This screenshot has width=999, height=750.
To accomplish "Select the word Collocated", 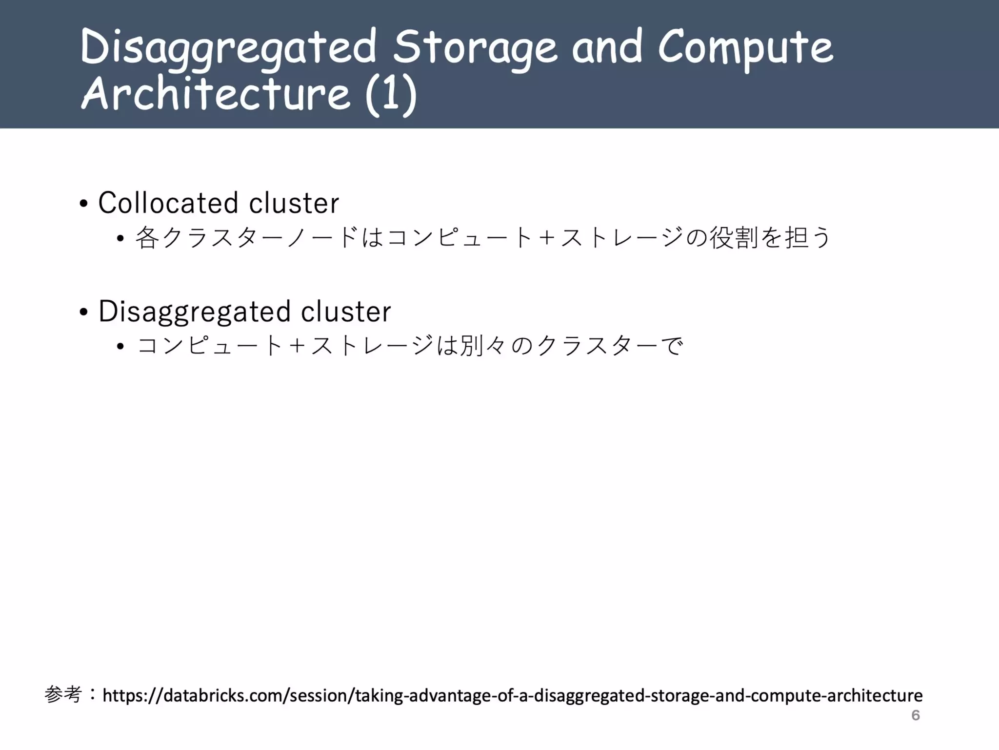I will point(168,203).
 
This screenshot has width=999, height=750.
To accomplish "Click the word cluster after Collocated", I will point(294,203).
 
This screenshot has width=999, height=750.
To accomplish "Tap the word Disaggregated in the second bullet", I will point(194,312).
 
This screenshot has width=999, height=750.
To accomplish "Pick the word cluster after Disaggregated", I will point(346,312).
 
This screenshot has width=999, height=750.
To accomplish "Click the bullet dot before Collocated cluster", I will point(83,204).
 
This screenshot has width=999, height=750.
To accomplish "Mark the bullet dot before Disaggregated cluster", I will point(83,312).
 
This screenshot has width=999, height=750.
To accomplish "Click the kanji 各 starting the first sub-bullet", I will point(147,238).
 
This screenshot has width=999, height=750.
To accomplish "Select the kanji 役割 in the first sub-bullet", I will point(733,238).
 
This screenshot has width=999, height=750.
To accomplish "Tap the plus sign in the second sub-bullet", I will point(297,347).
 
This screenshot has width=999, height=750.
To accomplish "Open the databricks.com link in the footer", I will point(512,695).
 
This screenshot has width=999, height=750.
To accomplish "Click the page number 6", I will point(916,715).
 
